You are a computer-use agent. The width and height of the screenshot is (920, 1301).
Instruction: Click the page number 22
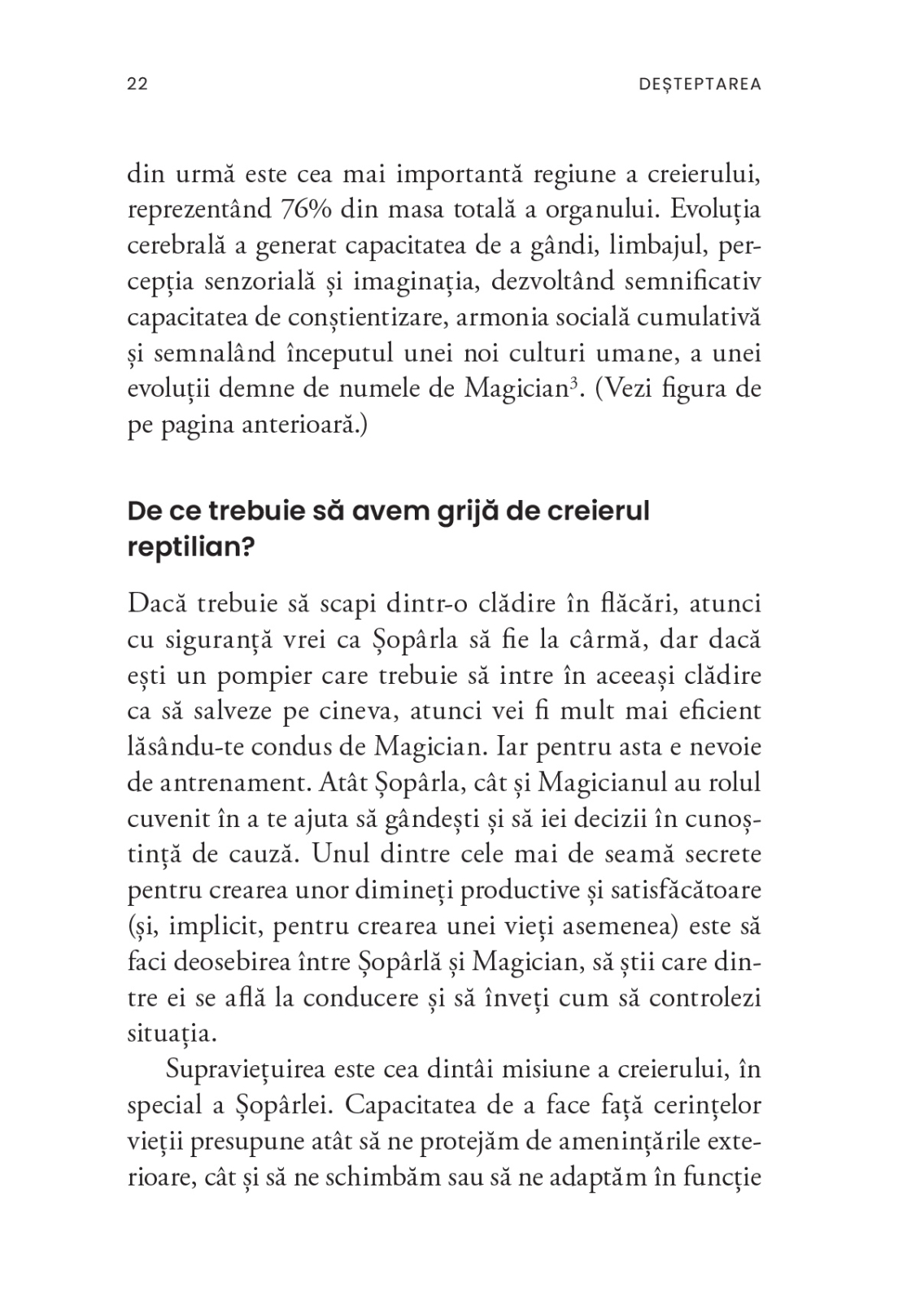click(137, 85)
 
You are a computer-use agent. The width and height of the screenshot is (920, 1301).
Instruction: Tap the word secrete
click(718, 855)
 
